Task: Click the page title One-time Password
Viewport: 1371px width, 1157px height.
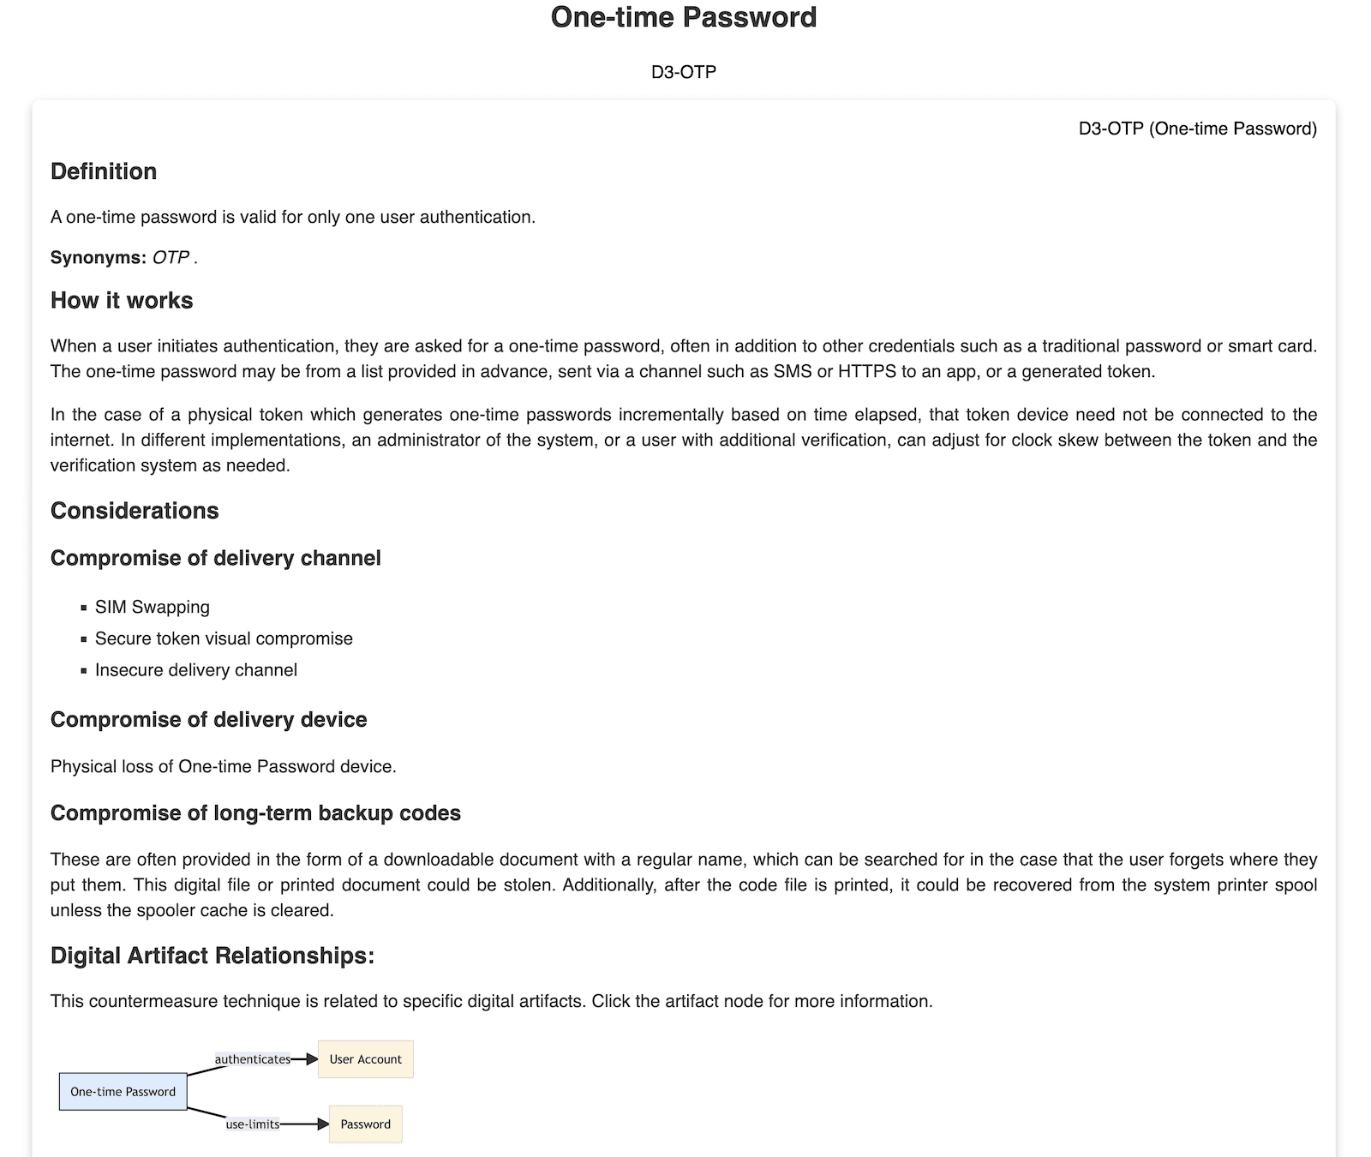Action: (684, 18)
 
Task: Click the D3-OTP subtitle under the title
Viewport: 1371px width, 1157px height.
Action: (684, 72)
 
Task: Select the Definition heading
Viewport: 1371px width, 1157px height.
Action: (104, 171)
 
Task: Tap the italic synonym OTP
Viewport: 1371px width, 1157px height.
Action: (171, 258)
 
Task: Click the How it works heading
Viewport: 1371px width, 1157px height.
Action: (122, 301)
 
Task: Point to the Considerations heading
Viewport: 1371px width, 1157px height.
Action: (135, 511)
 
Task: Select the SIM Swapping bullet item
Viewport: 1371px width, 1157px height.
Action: (153, 608)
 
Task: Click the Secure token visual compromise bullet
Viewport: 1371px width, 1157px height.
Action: (224, 639)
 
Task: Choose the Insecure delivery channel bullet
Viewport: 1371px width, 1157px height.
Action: (196, 671)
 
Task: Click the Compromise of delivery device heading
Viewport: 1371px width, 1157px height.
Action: (208, 720)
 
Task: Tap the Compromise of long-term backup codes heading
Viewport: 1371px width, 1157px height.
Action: (255, 813)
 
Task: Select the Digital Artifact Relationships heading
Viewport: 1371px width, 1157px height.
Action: (213, 956)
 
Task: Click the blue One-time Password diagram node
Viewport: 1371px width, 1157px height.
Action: (123, 1092)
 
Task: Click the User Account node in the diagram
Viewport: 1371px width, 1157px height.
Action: (366, 1059)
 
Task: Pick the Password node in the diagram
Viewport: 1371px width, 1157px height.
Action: (366, 1124)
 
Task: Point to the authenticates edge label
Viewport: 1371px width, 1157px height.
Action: (252, 1059)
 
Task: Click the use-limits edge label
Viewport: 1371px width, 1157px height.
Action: (253, 1124)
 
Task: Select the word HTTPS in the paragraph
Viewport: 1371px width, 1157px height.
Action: (866, 372)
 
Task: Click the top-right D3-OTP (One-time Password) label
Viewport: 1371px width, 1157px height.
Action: (1197, 129)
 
